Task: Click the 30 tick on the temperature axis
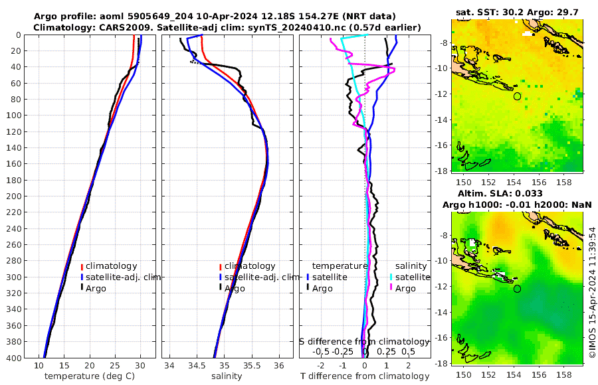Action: coord(140,366)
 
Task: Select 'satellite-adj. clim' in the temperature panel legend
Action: coord(120,277)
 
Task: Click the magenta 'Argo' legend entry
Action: coord(405,288)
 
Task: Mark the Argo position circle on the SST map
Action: coord(517,96)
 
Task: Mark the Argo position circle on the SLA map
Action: coord(517,289)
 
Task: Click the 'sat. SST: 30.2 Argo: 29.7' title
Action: coord(518,12)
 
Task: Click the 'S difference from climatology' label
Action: coord(365,341)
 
